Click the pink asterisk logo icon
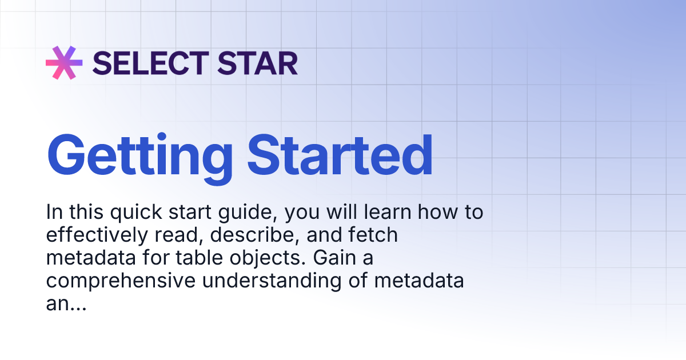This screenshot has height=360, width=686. (x=64, y=62)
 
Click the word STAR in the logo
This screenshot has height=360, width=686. (x=259, y=63)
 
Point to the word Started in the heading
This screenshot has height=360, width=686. (x=341, y=156)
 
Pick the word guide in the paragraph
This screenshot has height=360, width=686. (x=247, y=213)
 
